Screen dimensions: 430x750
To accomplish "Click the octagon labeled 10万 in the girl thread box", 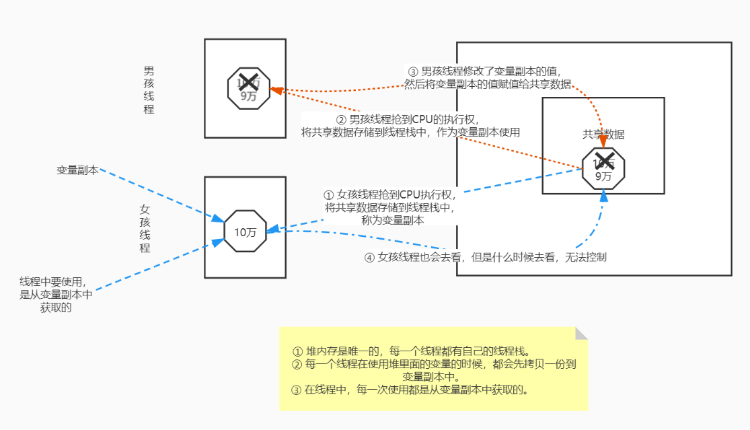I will (246, 232).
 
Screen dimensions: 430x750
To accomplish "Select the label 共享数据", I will (603, 134).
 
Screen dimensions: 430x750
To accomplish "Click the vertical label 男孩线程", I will (149, 89).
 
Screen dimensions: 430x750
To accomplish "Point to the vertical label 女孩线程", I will (145, 228).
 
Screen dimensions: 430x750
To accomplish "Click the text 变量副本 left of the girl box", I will (77, 170).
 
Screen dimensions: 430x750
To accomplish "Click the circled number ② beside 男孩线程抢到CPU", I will (341, 119).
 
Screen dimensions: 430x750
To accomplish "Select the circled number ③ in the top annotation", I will (413, 71).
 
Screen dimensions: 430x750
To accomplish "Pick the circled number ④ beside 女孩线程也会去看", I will (369, 257).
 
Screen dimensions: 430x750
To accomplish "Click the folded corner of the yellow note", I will (581, 333).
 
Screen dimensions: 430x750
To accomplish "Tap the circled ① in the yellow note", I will (298, 351).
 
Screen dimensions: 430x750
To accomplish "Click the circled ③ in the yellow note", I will (297, 390).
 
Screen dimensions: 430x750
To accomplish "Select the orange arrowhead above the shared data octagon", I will (603, 142).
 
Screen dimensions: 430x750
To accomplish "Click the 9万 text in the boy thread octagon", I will (248, 96).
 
